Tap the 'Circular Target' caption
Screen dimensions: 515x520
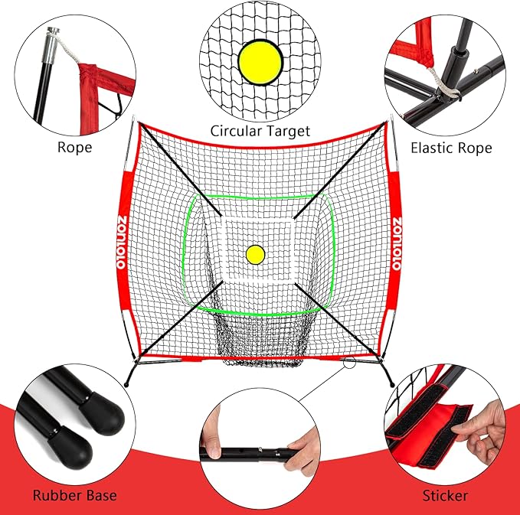pyautogui.click(x=260, y=131)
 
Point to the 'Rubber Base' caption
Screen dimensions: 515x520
pyautogui.click(x=74, y=495)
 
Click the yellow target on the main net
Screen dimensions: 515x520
pyautogui.click(x=254, y=253)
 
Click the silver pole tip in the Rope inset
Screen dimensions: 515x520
pyautogui.click(x=53, y=33)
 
